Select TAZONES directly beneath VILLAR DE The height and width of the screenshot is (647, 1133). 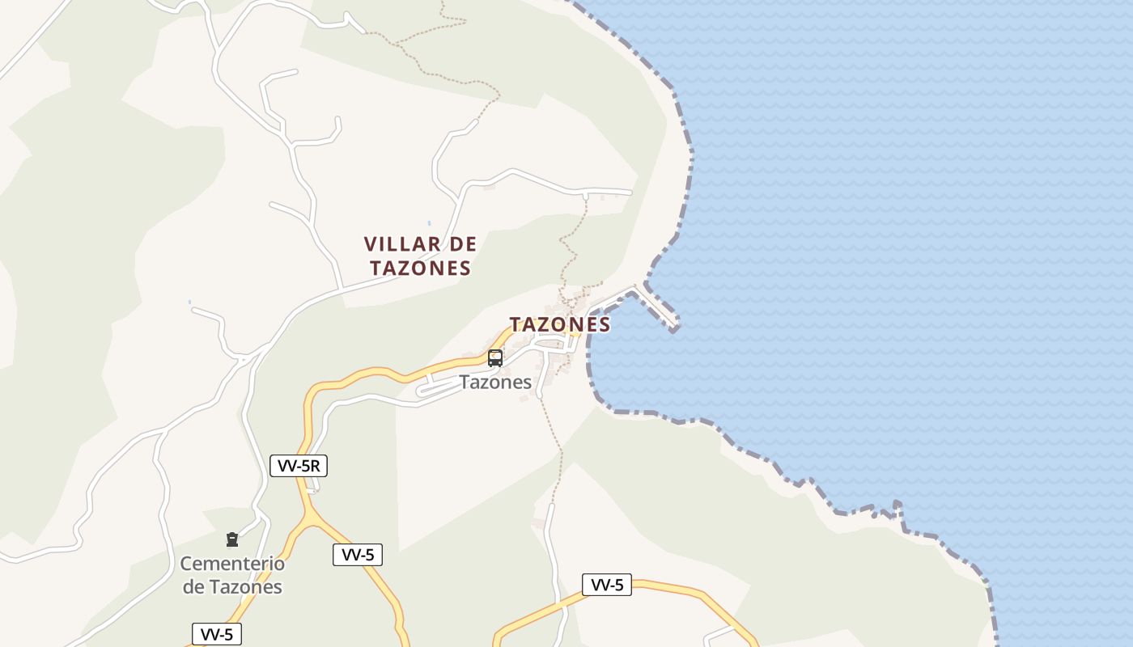[x=421, y=268]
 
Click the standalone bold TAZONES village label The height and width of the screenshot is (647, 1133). [x=559, y=324]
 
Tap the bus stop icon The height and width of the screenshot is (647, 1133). [x=495, y=357]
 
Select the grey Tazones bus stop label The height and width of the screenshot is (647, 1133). [x=495, y=383]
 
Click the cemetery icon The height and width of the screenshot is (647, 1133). [x=232, y=539]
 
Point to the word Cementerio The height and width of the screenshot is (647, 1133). [x=232, y=564]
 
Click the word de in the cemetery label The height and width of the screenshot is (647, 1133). [x=193, y=587]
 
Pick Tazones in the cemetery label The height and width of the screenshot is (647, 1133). [x=244, y=587]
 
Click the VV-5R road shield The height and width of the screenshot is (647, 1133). [x=299, y=465]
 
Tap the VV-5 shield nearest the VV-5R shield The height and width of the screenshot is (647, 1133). [x=358, y=555]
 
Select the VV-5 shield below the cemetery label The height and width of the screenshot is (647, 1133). [x=217, y=634]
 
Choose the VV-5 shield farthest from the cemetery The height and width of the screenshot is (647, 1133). [x=607, y=585]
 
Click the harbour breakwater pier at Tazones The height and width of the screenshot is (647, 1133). [x=659, y=307]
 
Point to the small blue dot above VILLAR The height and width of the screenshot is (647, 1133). [x=429, y=223]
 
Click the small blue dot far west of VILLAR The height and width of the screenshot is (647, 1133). [x=190, y=302]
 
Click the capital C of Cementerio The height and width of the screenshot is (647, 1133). [x=186, y=564]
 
